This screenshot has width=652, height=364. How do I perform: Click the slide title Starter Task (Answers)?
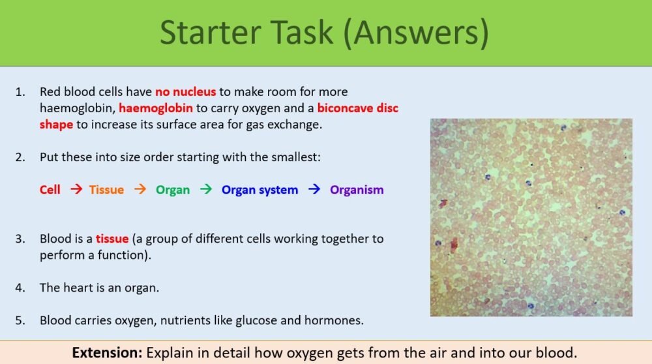tap(324, 33)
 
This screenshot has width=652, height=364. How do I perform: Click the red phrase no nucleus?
tap(185, 92)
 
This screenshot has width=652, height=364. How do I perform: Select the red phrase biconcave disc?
tap(357, 108)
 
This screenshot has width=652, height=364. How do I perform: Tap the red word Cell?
tap(50, 190)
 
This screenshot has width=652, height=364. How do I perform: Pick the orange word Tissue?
tap(106, 190)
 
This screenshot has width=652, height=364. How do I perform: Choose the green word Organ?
tap(173, 190)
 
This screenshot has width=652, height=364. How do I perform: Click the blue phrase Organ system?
tap(259, 190)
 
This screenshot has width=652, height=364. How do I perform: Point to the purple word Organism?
tap(357, 190)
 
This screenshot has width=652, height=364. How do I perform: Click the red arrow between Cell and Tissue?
tap(76, 189)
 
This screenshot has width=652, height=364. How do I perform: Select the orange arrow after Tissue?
tap(140, 189)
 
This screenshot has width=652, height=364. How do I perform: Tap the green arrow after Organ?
tap(206, 189)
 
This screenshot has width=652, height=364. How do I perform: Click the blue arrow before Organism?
tap(314, 189)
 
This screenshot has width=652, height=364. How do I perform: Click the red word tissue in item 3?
tap(111, 239)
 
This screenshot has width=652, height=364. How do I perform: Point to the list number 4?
tap(21, 288)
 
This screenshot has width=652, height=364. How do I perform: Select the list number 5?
tap(21, 320)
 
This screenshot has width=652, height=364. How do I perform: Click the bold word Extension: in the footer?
tap(107, 353)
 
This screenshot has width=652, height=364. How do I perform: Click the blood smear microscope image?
tap(531, 217)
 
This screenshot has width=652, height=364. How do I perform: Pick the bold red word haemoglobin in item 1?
tap(156, 108)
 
